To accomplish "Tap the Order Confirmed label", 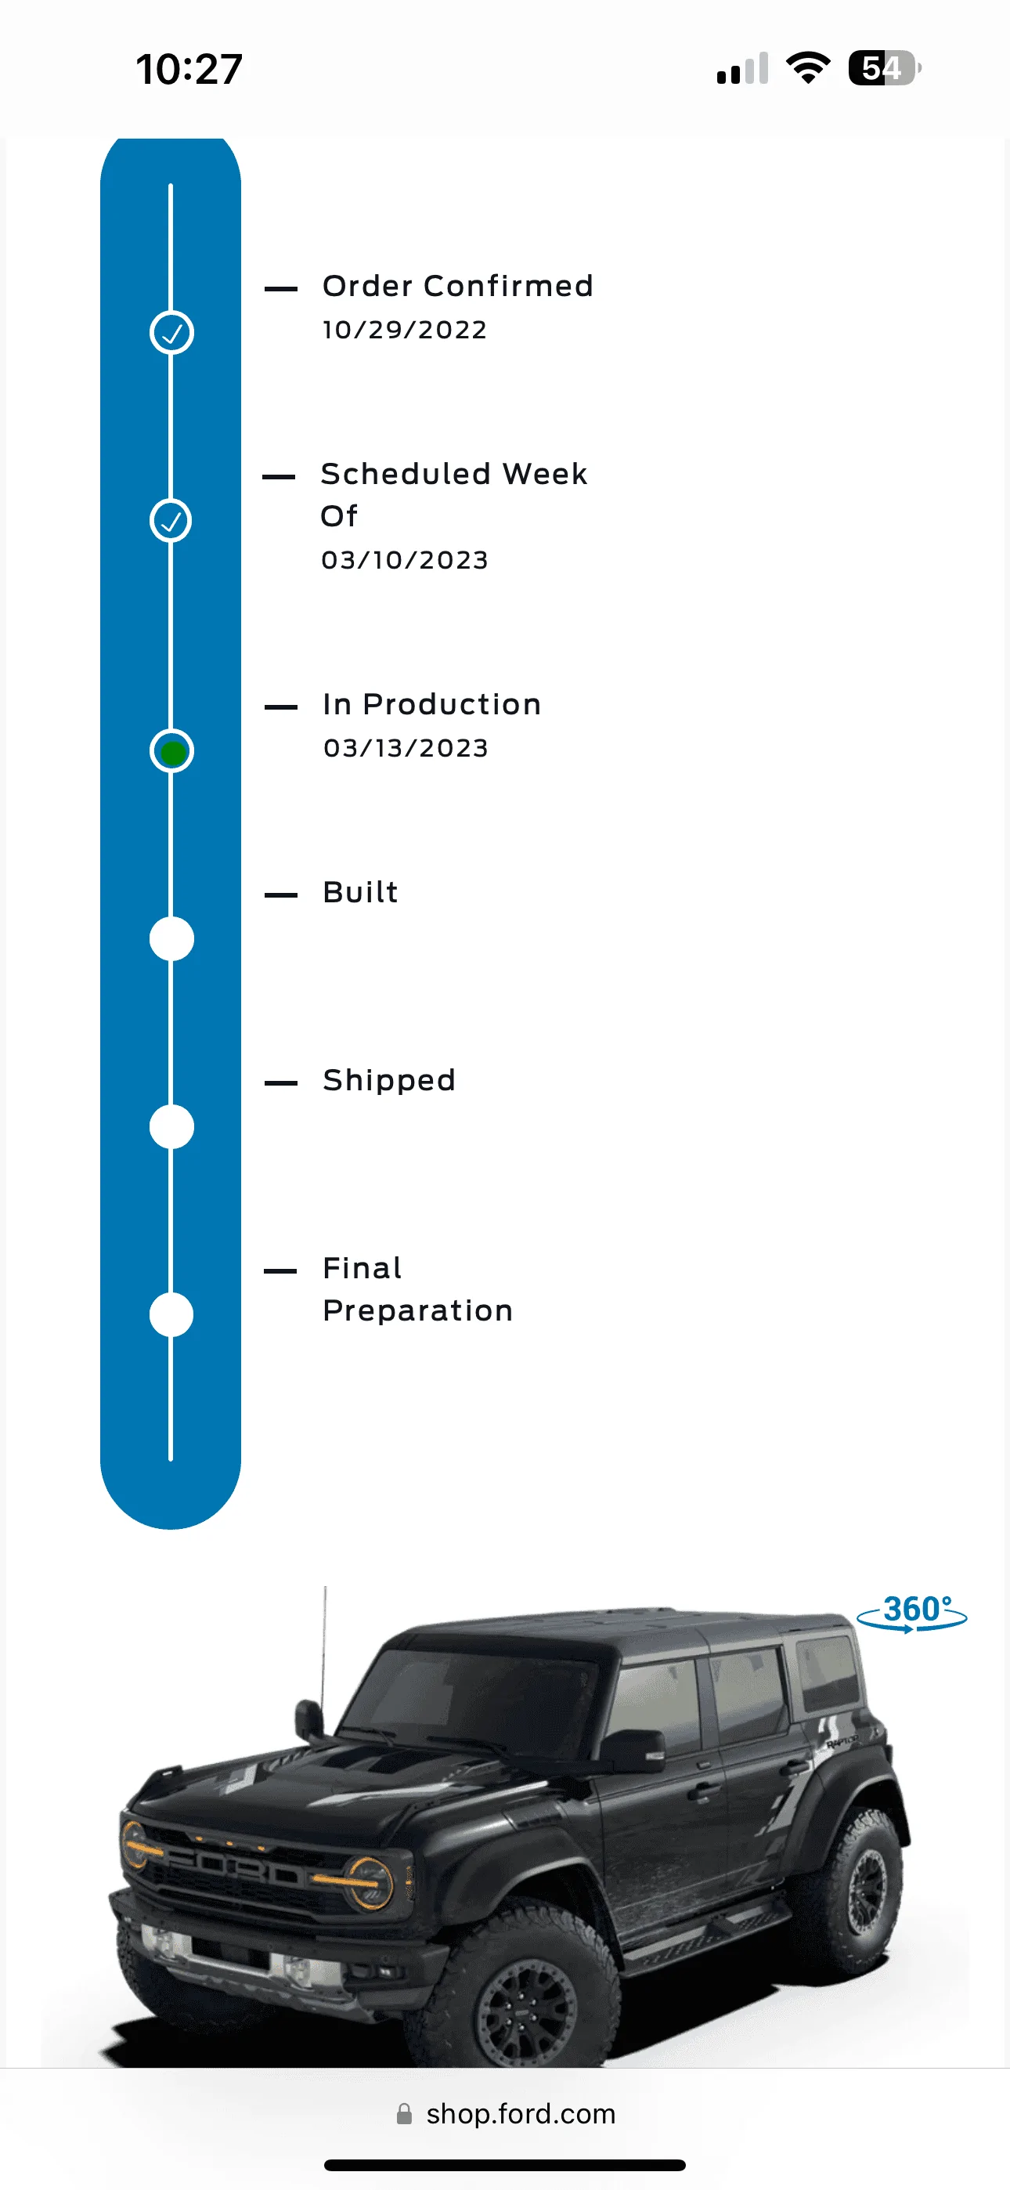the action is pos(457,287).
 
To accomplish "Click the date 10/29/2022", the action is pos(405,330).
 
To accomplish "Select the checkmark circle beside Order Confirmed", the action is pos(171,332).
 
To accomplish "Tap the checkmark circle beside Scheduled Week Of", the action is pos(171,520).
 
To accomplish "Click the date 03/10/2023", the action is pos(405,560).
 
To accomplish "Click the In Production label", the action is pos(432,705).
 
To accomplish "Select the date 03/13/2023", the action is pos(406,748).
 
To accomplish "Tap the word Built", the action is pos(360,893).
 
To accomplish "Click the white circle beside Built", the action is pos(171,939).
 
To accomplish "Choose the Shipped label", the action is pos(389,1082).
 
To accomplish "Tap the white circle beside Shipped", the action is pos(171,1127).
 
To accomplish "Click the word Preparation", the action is pos(417,1312).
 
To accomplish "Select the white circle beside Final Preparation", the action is pos(171,1315).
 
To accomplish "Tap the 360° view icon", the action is pos(912,1613).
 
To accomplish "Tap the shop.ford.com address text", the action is pos(521,2114).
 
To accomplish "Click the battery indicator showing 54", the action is pos(884,68).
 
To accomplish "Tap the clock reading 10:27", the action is pos(189,69).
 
